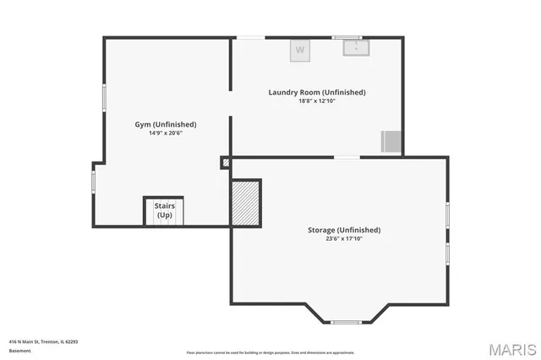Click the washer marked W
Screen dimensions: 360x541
pos(300,51)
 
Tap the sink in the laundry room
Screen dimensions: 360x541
pos(356,47)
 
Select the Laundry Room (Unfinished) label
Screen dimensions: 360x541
pos(317,92)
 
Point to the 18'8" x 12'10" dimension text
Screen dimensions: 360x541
pos(317,101)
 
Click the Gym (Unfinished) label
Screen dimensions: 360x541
pos(166,124)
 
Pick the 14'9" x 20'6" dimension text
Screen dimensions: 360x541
pos(166,133)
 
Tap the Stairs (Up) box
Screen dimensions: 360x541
pos(165,210)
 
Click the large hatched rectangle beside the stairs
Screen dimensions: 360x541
pos(245,203)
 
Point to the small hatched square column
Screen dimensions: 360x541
pos(226,162)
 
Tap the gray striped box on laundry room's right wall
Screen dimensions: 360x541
pos(391,141)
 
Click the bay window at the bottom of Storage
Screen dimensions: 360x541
pos(346,322)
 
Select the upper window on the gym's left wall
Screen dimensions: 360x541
pos(104,97)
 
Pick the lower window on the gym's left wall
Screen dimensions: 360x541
pos(93,182)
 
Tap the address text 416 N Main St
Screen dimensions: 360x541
pos(43,341)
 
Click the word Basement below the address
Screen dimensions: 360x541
pos(19,350)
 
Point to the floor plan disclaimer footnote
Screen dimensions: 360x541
pos(270,352)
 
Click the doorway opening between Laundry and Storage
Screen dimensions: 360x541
pos(347,157)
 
